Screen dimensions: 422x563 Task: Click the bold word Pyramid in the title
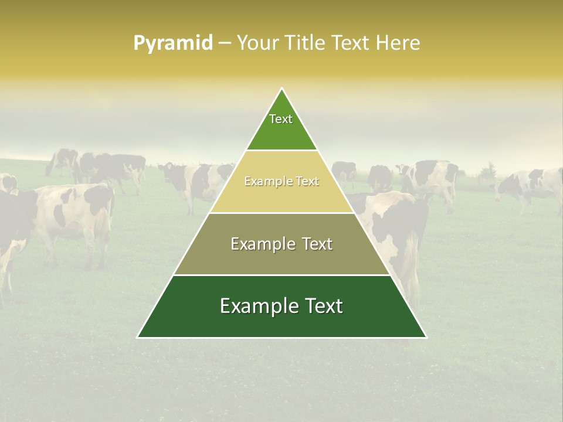point(173,43)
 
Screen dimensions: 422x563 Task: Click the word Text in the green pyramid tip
point(281,119)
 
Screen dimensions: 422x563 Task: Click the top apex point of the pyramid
point(282,89)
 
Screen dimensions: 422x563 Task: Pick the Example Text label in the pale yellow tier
point(281,182)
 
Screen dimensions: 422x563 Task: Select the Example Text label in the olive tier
point(281,244)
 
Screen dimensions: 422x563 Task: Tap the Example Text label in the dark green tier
point(281,306)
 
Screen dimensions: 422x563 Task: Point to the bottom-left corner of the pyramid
point(138,337)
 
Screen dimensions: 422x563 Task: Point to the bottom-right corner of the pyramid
point(426,337)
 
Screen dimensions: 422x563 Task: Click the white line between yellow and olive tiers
point(281,213)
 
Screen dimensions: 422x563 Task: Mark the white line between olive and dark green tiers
point(281,275)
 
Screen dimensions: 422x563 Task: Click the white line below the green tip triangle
point(281,151)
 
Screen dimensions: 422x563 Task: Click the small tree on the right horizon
point(486,173)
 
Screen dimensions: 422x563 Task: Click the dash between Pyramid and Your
point(225,43)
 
